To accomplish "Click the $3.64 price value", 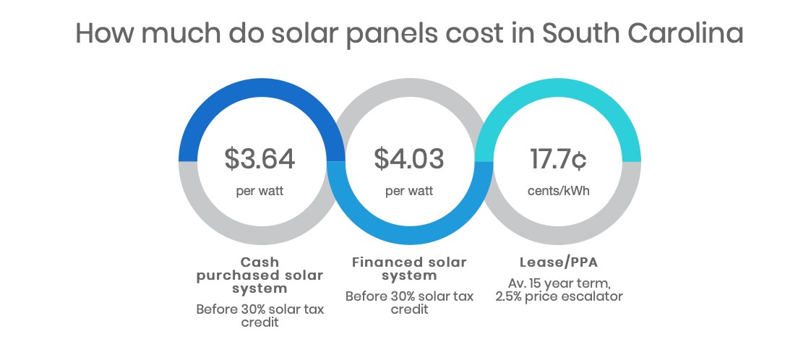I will pyautogui.click(x=259, y=159).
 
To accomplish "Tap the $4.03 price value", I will pyautogui.click(x=409, y=159).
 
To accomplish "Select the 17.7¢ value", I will pyautogui.click(x=558, y=159).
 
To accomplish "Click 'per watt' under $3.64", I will pyautogui.click(x=259, y=192).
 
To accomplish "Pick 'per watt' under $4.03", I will pyautogui.click(x=409, y=192).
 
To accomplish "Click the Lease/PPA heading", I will pyautogui.click(x=558, y=262).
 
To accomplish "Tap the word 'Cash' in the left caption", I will pyautogui.click(x=259, y=262).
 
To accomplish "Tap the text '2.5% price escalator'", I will pyautogui.click(x=558, y=296).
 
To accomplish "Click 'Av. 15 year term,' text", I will pyautogui.click(x=558, y=282).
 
